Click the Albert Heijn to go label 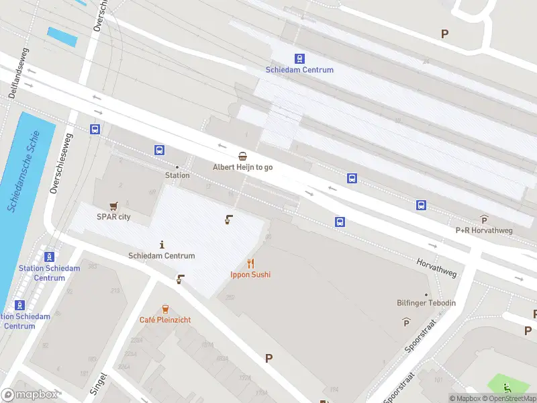(x=242, y=167)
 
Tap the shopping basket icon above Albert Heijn (x=242, y=156)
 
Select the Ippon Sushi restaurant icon (x=250, y=263)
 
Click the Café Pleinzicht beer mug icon (x=165, y=309)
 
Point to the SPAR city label (x=113, y=217)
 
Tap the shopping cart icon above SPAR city (x=113, y=206)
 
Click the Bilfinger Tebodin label (x=426, y=303)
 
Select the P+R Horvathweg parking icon (x=484, y=220)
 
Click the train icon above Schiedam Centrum (x=299, y=58)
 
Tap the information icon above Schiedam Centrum (x=162, y=244)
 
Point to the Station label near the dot (x=177, y=175)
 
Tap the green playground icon (x=507, y=388)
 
